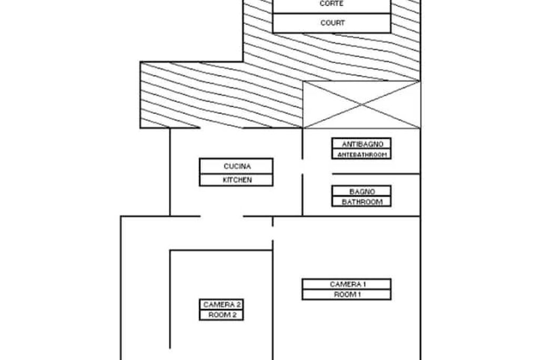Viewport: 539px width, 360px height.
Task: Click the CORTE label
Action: [x=332, y=4]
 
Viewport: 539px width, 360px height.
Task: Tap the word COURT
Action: [x=333, y=23]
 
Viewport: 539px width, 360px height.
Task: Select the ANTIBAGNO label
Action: [x=362, y=144]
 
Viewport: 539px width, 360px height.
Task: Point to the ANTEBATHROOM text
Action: [x=362, y=155]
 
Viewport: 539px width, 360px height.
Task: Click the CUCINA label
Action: [x=237, y=166]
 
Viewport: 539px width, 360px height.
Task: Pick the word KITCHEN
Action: [x=237, y=180]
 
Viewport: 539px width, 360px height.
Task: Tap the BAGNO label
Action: [x=362, y=192]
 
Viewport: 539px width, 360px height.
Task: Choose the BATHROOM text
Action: [x=362, y=202]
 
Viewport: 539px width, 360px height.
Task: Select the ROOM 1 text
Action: [x=347, y=294]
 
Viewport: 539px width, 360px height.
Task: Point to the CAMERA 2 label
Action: [x=222, y=304]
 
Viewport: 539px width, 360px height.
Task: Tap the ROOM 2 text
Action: [x=222, y=315]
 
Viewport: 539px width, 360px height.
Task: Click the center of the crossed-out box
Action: [x=361, y=105]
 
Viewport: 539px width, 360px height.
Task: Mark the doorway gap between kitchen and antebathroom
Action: [x=303, y=167]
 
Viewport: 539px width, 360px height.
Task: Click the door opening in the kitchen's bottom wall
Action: [x=222, y=216]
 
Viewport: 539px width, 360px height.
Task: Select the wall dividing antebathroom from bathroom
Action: [x=376, y=174]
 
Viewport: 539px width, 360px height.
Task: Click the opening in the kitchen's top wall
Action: [x=222, y=128]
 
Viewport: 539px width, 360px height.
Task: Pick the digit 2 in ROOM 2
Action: [x=234, y=315]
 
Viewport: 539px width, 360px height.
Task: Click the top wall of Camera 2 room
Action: [x=222, y=251]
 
